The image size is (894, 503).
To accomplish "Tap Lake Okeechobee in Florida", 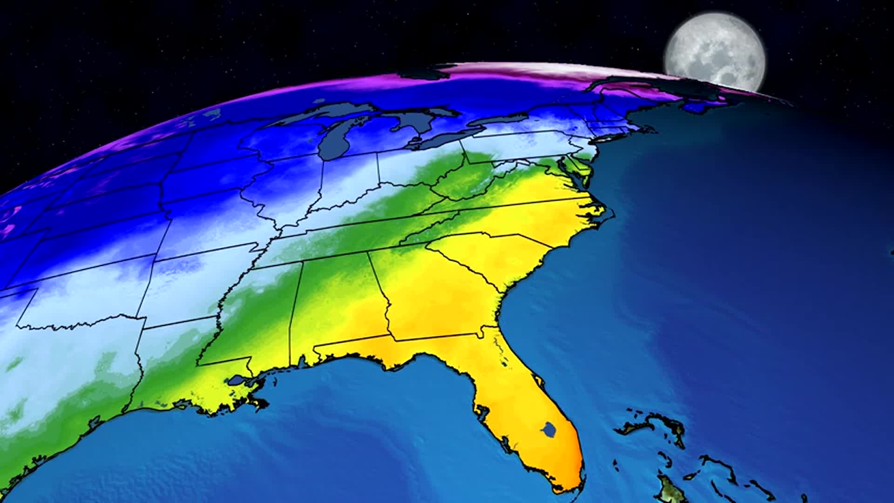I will click(x=549, y=429).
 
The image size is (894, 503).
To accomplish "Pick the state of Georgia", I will click(x=438, y=298).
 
